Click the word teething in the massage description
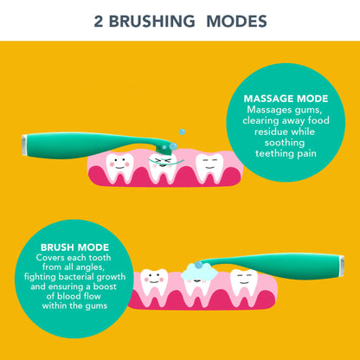point(268,152)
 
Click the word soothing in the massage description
point(281,142)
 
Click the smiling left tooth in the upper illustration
point(119,164)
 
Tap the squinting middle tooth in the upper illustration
point(162,162)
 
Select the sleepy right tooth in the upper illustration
point(207,164)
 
